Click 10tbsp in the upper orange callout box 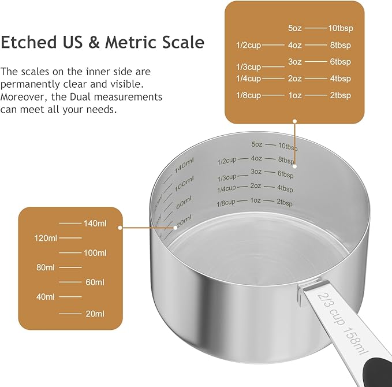tap(340, 28)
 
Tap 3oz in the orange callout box tap(295, 62)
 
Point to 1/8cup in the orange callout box tap(248, 95)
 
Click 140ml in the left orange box tap(95, 223)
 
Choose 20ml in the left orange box tap(95, 314)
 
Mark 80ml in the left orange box tap(46, 267)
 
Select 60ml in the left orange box tap(95, 282)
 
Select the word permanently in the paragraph tap(30, 84)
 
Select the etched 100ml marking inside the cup tap(184, 185)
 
